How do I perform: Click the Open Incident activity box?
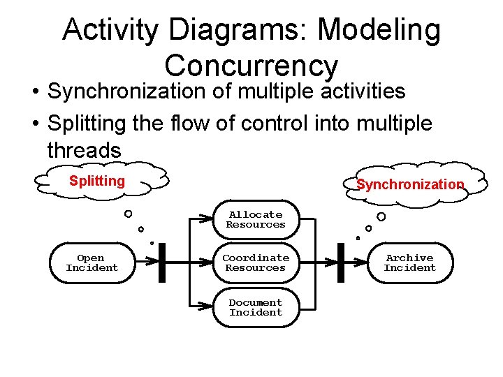pyautogui.click(x=92, y=263)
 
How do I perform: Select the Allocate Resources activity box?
pyautogui.click(x=256, y=220)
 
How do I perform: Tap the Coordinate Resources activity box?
pyautogui.click(x=256, y=263)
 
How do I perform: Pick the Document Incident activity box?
pyautogui.click(x=256, y=308)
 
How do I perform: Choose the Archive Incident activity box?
pyautogui.click(x=409, y=263)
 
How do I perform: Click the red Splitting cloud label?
pyautogui.click(x=97, y=182)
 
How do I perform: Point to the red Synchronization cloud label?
pyautogui.click(x=410, y=185)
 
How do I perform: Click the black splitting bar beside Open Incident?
pyautogui.click(x=162, y=263)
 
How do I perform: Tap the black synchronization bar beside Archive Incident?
pyautogui.click(x=341, y=263)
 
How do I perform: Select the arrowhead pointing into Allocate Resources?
pyautogui.click(x=207, y=220)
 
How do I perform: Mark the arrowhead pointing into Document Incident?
pyautogui.click(x=207, y=308)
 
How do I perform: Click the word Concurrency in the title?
pyautogui.click(x=251, y=66)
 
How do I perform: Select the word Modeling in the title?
pyautogui.click(x=379, y=31)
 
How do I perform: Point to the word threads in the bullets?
pyautogui.click(x=84, y=149)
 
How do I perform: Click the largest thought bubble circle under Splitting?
pyautogui.click(x=129, y=214)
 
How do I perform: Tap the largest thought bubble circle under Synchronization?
pyautogui.click(x=381, y=216)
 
